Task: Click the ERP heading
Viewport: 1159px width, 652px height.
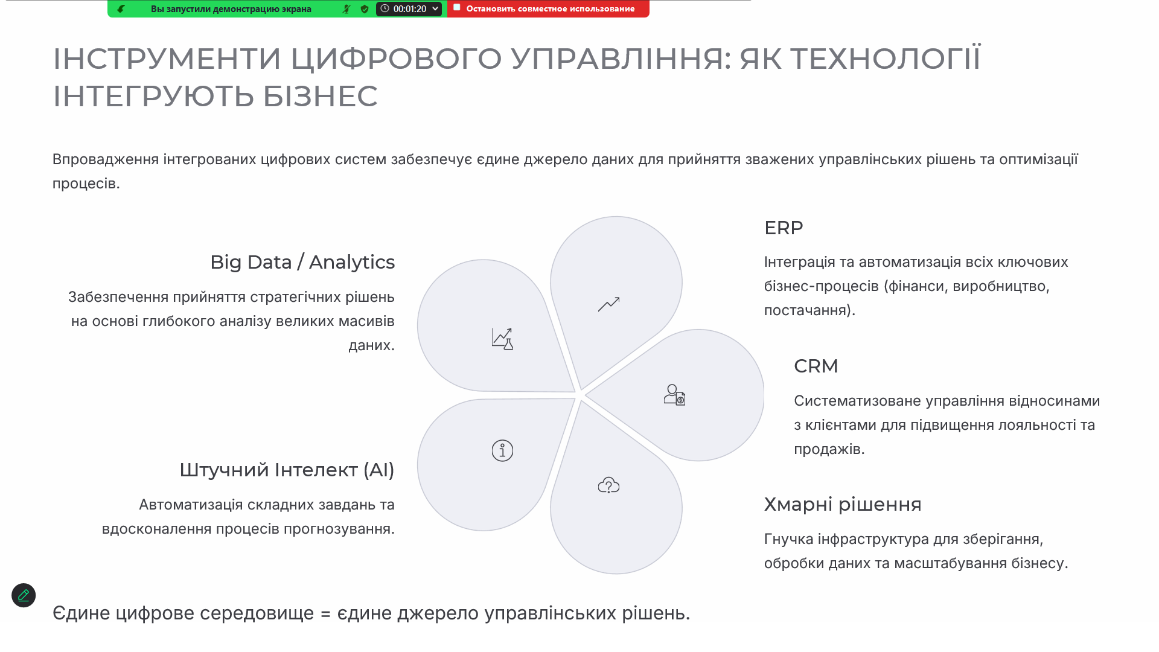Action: tap(784, 228)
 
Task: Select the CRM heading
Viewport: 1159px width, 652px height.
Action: tap(816, 366)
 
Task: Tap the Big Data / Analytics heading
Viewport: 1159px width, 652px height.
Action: tap(302, 263)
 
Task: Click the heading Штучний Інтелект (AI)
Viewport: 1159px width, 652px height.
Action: tap(287, 470)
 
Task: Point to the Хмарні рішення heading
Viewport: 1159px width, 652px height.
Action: tap(843, 504)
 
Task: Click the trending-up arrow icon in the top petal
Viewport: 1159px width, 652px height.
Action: tap(608, 304)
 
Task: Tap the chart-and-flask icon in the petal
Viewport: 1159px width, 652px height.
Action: tap(502, 339)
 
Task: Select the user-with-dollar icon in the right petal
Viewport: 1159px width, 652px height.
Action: tap(674, 395)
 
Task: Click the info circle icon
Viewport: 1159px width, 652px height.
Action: tap(502, 450)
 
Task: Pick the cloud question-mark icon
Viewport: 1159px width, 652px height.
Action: tap(608, 485)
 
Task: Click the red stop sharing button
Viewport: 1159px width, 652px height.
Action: tap(548, 8)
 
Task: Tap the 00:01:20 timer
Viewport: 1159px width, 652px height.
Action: tap(409, 8)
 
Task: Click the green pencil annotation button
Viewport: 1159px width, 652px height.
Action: tap(24, 595)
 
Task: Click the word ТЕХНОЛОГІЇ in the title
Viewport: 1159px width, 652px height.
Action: tap(886, 59)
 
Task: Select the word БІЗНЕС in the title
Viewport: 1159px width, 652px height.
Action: tap(320, 96)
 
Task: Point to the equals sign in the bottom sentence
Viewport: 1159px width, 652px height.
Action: tap(325, 614)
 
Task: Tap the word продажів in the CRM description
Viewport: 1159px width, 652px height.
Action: tap(829, 449)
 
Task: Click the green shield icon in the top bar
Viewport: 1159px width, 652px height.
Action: tap(365, 9)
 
